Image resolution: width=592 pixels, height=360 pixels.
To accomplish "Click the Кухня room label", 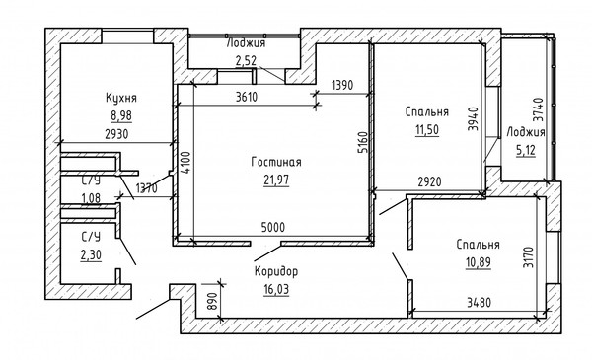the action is click(x=121, y=98).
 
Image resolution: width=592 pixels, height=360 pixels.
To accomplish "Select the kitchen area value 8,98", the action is click(x=121, y=115).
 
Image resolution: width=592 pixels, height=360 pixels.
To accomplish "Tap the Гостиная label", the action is click(x=276, y=163).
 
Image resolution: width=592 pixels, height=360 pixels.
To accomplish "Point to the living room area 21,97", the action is click(x=276, y=180).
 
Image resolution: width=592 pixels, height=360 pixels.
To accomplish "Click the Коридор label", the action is click(x=276, y=271).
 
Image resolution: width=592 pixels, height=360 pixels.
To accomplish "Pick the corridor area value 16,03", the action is click(x=276, y=289).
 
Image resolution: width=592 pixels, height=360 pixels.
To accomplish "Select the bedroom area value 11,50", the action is click(x=427, y=130).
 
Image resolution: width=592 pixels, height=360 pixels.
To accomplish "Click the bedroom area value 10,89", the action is click(x=479, y=262).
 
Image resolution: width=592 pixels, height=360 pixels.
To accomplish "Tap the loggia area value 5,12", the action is click(x=526, y=151).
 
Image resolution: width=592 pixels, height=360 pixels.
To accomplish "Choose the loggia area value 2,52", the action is click(x=246, y=61).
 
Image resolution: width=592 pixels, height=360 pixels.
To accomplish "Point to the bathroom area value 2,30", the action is click(x=91, y=255).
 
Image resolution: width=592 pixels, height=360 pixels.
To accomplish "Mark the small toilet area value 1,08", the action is click(x=91, y=197).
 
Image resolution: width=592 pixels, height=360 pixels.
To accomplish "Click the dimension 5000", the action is click(x=273, y=228).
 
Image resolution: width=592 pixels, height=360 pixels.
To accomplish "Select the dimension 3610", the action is click(x=247, y=97).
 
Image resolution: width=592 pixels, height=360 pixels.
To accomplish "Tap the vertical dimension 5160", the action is click(x=362, y=142).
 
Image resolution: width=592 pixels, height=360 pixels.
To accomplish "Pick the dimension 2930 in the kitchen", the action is click(x=116, y=134).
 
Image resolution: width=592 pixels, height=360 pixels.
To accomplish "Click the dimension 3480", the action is click(x=480, y=302).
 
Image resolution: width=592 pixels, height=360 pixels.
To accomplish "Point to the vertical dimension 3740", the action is click(x=538, y=109).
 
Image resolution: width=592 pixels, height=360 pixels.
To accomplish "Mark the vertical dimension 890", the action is click(x=213, y=301).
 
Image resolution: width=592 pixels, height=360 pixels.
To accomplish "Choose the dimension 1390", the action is click(x=342, y=85).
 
